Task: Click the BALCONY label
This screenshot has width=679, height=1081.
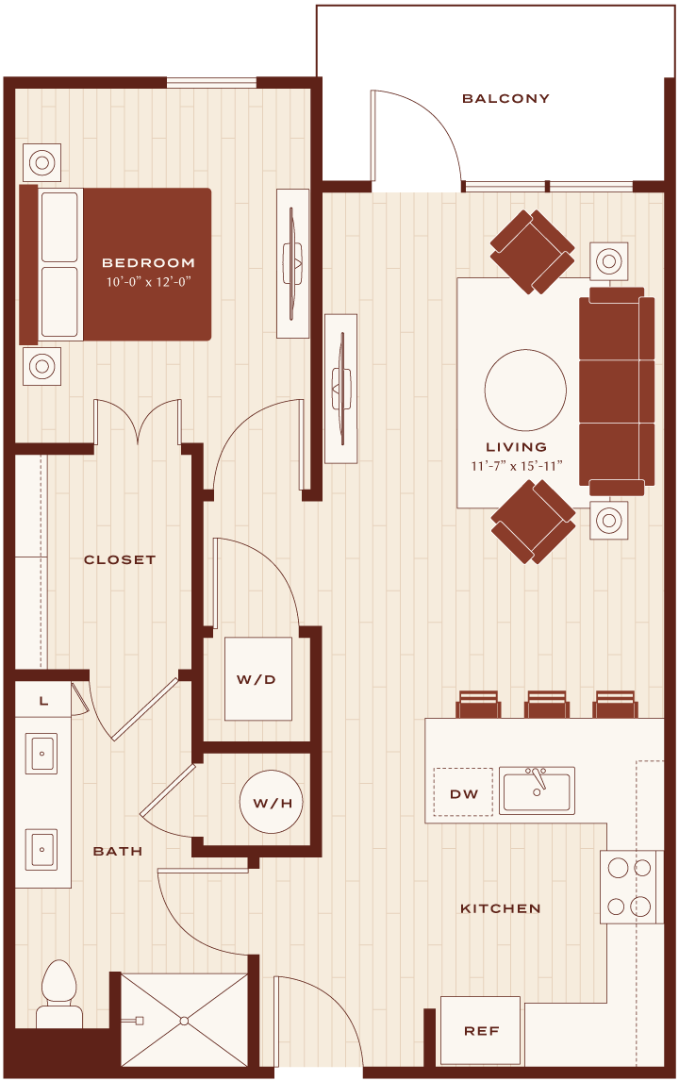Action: [x=506, y=99]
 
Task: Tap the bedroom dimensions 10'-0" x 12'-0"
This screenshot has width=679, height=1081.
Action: [x=148, y=281]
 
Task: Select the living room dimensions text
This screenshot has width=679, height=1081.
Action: [x=516, y=466]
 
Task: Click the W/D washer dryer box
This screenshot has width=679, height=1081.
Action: [x=257, y=679]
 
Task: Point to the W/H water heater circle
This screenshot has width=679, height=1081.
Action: [x=271, y=803]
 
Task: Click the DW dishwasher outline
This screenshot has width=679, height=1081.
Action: [x=463, y=792]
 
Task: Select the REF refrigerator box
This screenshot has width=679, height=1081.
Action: [x=480, y=1031]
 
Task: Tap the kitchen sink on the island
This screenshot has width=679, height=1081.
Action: [x=537, y=790]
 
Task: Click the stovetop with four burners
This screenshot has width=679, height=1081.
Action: [x=630, y=887]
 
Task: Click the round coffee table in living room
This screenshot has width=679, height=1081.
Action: [x=525, y=391]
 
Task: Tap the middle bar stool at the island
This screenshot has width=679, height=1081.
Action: [x=547, y=704]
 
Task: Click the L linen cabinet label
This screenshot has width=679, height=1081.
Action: [x=43, y=701]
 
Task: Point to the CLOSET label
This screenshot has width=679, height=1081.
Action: [x=120, y=559]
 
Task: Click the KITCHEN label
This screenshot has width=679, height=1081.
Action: [x=501, y=908]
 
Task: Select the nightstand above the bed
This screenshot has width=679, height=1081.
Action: [x=42, y=162]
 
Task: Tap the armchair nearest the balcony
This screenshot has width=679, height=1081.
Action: [x=532, y=251]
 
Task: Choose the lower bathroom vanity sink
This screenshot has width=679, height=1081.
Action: [x=42, y=849]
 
